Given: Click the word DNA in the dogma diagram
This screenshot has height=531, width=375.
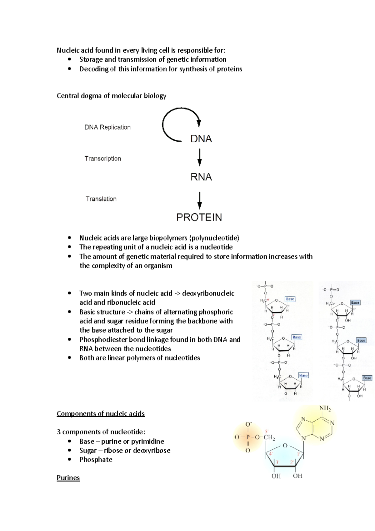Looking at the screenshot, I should click(201, 139).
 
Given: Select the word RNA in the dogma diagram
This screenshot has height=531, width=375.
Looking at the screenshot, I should click(201, 177).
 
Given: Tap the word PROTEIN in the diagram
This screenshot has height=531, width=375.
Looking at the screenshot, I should click(199, 217).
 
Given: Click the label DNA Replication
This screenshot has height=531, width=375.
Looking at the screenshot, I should click(107, 127).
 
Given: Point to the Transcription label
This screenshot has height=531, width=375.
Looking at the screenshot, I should click(103, 159).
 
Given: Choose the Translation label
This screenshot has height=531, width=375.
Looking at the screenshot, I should click(101, 199).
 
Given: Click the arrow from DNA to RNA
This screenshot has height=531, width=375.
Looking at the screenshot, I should click(200, 157).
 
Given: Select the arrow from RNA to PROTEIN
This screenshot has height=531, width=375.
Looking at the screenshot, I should click(200, 200).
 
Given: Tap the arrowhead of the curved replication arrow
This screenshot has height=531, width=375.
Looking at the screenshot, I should click(199, 123).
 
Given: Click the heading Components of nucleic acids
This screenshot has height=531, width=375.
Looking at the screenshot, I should click(101, 414).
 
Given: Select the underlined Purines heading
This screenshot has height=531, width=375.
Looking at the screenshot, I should click(68, 478).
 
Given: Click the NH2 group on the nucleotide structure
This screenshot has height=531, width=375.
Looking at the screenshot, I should click(325, 408).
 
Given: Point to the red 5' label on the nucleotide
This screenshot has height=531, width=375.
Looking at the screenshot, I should click(267, 431).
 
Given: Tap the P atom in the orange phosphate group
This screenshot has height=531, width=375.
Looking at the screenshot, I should click(248, 437).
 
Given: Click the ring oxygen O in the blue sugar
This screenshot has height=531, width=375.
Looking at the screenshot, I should click(285, 446).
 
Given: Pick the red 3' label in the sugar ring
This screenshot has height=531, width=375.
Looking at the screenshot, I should click(277, 463).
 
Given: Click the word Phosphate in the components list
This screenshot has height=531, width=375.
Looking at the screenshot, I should click(96, 460).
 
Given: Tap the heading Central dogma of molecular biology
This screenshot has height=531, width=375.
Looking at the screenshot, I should click(112, 96).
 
